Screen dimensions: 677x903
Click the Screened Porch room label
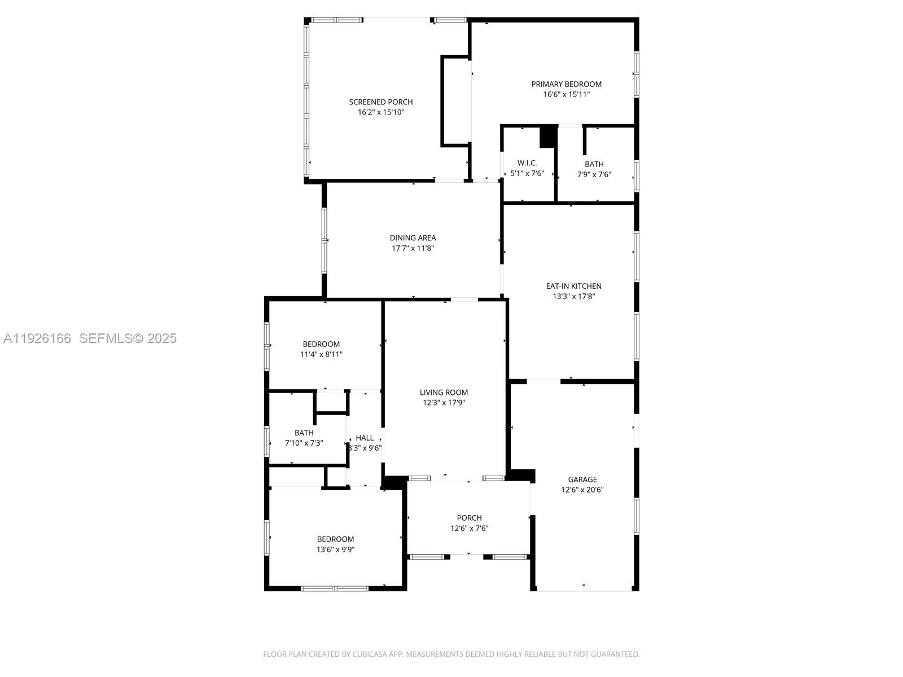[x=380, y=102]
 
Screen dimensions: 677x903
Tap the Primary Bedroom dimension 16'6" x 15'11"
[x=566, y=95]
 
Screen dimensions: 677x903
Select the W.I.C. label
[x=527, y=163]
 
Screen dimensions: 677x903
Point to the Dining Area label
[x=413, y=238]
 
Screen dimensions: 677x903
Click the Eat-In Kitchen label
[x=573, y=286]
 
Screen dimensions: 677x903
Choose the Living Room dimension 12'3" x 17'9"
[x=444, y=403]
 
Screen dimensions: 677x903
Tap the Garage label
[x=582, y=480]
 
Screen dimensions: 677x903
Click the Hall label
[x=365, y=438]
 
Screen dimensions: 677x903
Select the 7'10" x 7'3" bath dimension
[x=304, y=443]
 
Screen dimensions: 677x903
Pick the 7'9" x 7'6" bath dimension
[x=594, y=175]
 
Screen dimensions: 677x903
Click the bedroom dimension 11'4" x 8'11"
[x=321, y=355]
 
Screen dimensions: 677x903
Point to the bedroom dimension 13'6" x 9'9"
[x=335, y=549]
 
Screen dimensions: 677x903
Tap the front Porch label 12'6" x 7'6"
[x=469, y=518]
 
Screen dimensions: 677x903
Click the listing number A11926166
[x=37, y=338]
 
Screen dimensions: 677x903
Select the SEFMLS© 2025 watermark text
[x=128, y=338]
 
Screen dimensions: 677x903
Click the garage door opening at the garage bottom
[x=584, y=590]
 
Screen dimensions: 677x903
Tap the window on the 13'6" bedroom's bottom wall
[x=335, y=588]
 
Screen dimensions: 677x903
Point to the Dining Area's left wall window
[x=325, y=241]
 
